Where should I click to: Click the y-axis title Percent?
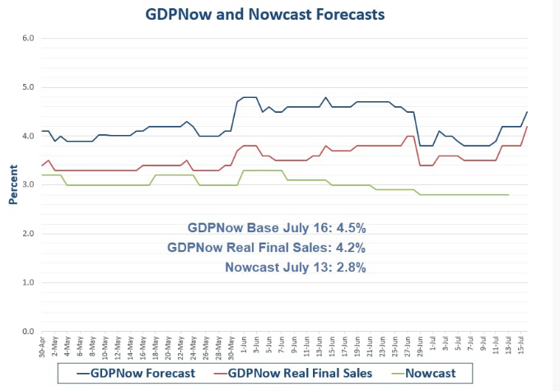tap(14, 186)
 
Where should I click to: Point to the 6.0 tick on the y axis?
tap(27, 38)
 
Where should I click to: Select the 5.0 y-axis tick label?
tap(27, 87)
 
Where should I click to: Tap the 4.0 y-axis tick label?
tap(27, 136)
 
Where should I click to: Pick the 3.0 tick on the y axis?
tap(27, 185)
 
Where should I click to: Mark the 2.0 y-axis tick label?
tap(27, 234)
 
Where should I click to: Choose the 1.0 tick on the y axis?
tap(27, 283)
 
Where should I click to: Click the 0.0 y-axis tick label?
tap(27, 332)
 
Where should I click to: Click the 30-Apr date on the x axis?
tap(42, 347)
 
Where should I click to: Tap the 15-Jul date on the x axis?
tap(521, 347)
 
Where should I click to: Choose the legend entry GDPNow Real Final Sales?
tap(294, 373)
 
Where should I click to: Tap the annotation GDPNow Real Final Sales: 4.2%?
tap(266, 247)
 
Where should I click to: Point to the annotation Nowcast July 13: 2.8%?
tap(295, 267)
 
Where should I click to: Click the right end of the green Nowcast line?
tap(508, 195)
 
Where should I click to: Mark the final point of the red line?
tap(527, 126)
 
